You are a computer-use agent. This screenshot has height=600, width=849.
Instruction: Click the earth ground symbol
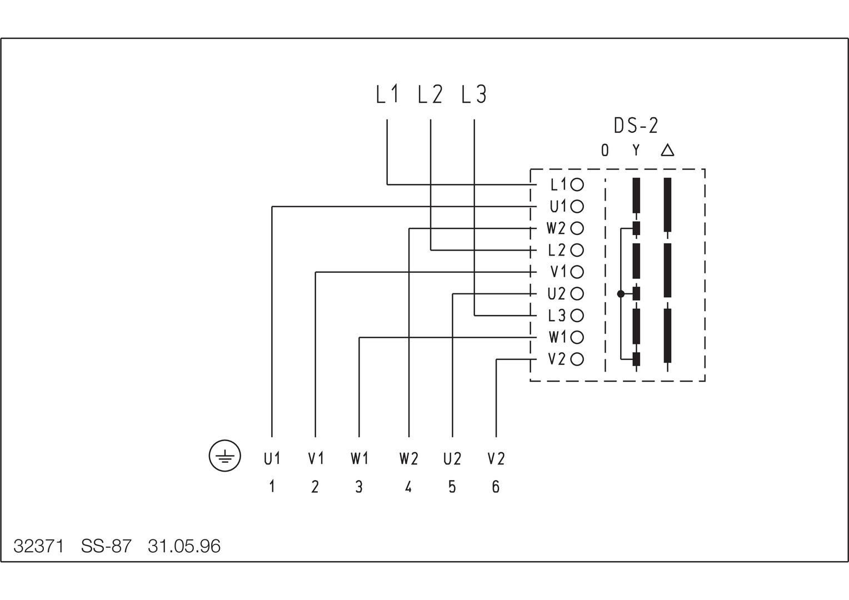(x=224, y=457)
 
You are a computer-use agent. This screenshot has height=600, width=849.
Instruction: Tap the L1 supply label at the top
(x=387, y=94)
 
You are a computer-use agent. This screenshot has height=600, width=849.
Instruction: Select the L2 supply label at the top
(x=431, y=94)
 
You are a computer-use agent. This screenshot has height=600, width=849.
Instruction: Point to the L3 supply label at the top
(x=474, y=94)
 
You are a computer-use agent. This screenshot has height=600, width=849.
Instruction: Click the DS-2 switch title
(x=636, y=126)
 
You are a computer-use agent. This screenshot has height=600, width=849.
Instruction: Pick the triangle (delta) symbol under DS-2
(x=667, y=150)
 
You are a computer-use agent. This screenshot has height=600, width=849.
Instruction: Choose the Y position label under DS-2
(x=636, y=150)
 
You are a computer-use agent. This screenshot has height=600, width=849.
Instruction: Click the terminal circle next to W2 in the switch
(x=577, y=228)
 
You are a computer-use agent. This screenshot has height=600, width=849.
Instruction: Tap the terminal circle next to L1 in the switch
(x=577, y=184)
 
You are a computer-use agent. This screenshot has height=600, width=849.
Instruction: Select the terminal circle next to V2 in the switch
(x=577, y=359)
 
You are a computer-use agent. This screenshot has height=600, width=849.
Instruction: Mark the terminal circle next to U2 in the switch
(x=577, y=293)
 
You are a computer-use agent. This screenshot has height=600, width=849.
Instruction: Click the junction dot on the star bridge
(x=621, y=294)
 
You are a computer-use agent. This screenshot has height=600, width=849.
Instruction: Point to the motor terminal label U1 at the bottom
(x=272, y=459)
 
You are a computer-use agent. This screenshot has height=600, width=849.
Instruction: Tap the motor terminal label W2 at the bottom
(x=408, y=459)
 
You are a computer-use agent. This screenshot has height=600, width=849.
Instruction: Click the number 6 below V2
(x=496, y=487)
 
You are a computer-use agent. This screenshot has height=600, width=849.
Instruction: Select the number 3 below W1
(x=359, y=487)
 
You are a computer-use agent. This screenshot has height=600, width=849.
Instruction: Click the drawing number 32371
(x=38, y=547)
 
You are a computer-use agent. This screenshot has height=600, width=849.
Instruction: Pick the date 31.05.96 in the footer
(x=184, y=547)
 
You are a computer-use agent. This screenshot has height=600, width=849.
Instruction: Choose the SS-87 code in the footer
(x=106, y=547)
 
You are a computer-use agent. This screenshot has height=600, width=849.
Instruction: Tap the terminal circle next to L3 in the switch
(x=577, y=316)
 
